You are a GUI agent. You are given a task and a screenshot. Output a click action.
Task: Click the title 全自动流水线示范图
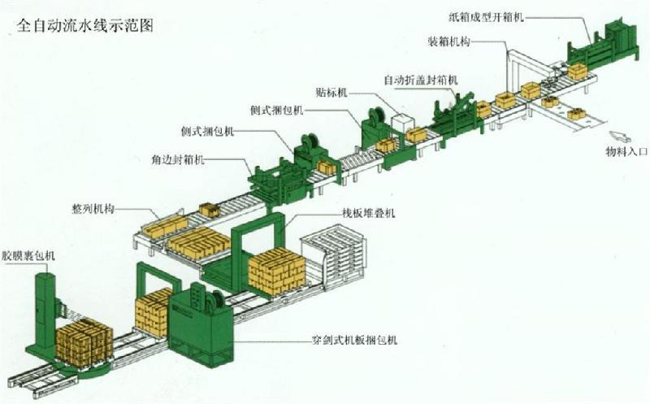(85, 26)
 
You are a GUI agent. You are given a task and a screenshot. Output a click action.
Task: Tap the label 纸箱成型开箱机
(486, 17)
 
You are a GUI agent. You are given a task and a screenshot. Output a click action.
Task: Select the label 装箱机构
(448, 41)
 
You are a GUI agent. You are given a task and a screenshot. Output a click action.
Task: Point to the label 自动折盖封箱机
(421, 80)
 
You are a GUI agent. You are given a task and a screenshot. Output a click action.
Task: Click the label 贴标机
(331, 92)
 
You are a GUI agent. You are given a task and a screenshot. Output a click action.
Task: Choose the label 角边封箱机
(178, 159)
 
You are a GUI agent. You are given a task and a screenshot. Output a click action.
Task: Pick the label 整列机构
(93, 209)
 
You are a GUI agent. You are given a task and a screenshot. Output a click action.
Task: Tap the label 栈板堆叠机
(369, 213)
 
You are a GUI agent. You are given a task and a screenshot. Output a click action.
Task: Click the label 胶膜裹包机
(28, 255)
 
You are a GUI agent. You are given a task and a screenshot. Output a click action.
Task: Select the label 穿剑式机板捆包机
(354, 340)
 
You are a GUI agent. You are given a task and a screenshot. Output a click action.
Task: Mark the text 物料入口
(626, 152)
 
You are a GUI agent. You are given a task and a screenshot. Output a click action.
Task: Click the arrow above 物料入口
(620, 137)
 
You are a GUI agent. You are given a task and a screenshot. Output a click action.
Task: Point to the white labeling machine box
(403, 123)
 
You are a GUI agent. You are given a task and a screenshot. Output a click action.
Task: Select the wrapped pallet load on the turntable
(84, 342)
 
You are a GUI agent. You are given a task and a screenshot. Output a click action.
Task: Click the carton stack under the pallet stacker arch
(277, 272)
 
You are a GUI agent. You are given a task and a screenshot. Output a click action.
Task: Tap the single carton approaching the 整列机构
(209, 210)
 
